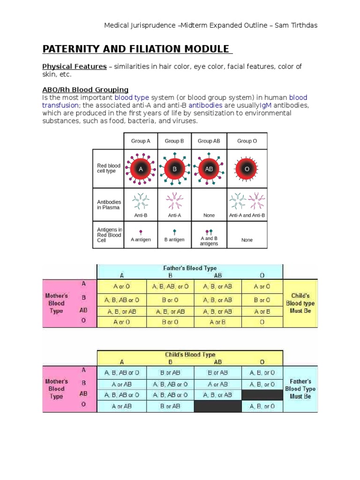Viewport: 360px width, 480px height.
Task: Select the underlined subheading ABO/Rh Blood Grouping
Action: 85,90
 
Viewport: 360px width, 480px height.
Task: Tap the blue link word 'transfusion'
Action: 60,105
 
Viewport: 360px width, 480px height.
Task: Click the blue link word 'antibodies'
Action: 206,105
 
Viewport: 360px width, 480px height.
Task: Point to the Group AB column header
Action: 209,141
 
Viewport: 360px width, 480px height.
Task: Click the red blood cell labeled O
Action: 247,169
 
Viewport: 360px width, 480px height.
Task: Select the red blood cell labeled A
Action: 141,169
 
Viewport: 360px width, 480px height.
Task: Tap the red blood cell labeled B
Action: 174,169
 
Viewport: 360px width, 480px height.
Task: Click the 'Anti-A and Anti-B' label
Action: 247,216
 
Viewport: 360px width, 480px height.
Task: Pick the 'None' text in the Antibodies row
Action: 209,216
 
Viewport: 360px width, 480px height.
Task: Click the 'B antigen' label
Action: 174,240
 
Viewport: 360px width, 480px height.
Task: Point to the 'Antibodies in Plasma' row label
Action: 108,204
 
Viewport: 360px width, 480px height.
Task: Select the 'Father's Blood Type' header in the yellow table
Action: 189,268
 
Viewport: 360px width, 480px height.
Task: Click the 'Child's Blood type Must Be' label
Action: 300,303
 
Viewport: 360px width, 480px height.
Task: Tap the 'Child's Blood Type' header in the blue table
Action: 189,355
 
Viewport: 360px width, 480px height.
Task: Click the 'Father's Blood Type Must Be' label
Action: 300,389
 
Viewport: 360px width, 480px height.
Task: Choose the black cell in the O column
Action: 262,395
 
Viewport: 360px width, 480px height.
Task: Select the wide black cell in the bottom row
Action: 217,406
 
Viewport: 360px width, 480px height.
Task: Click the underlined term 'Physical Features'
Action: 75,67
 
